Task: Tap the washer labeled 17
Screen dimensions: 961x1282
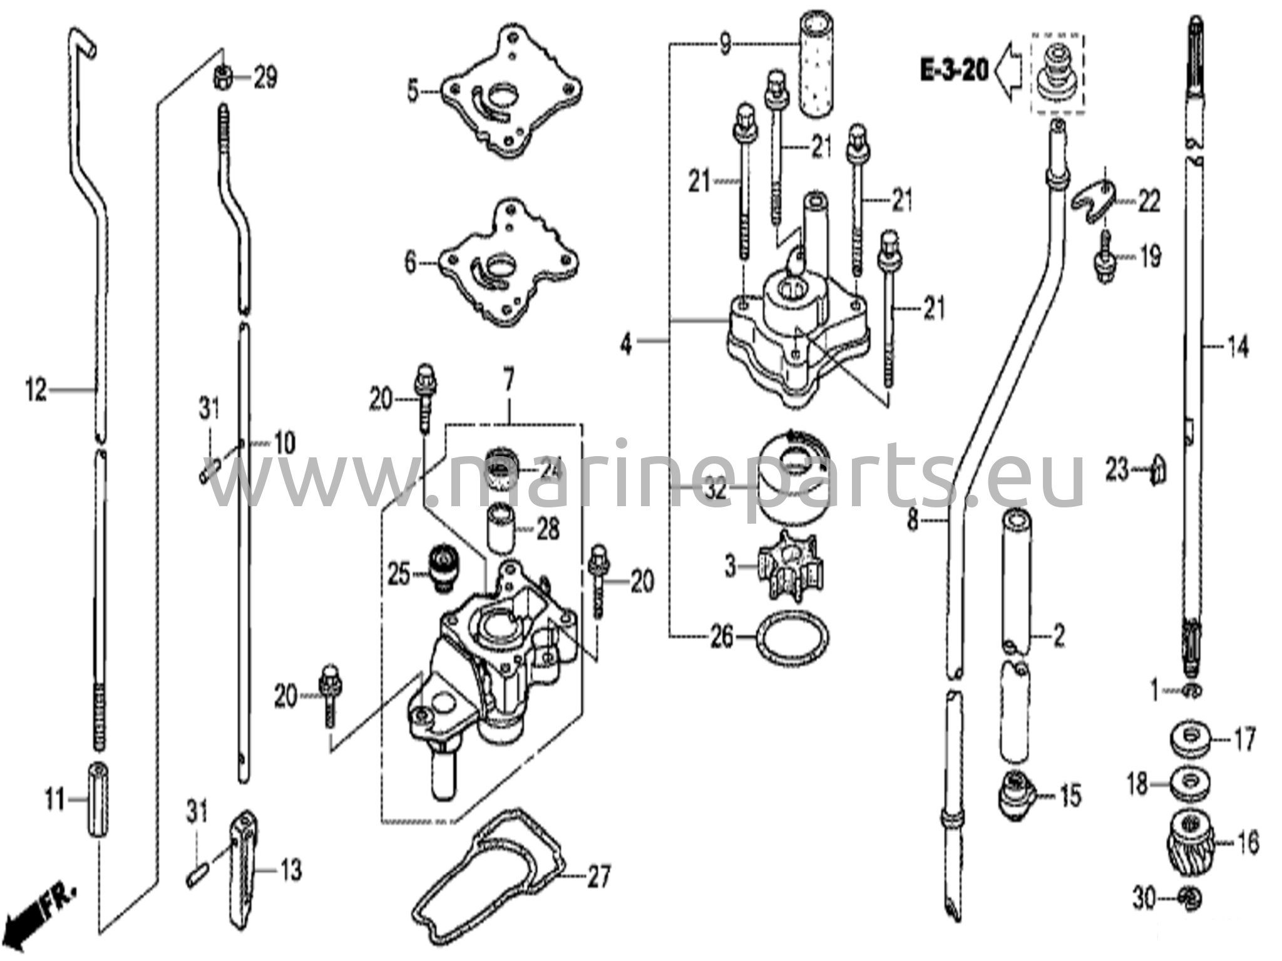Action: point(1189,738)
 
